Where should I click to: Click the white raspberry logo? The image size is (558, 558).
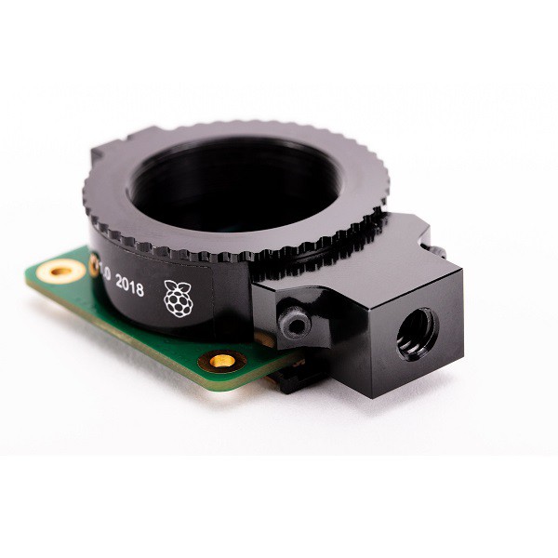[178, 298]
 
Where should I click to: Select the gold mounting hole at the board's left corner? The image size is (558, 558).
[61, 272]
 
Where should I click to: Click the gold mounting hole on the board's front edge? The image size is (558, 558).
[222, 359]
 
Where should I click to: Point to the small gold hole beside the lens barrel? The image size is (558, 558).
[95, 268]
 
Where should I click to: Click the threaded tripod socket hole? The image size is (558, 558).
[416, 333]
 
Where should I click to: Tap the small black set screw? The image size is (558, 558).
[296, 324]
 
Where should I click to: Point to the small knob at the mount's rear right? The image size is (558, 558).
[437, 249]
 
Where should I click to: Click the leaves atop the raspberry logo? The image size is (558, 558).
[177, 285]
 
